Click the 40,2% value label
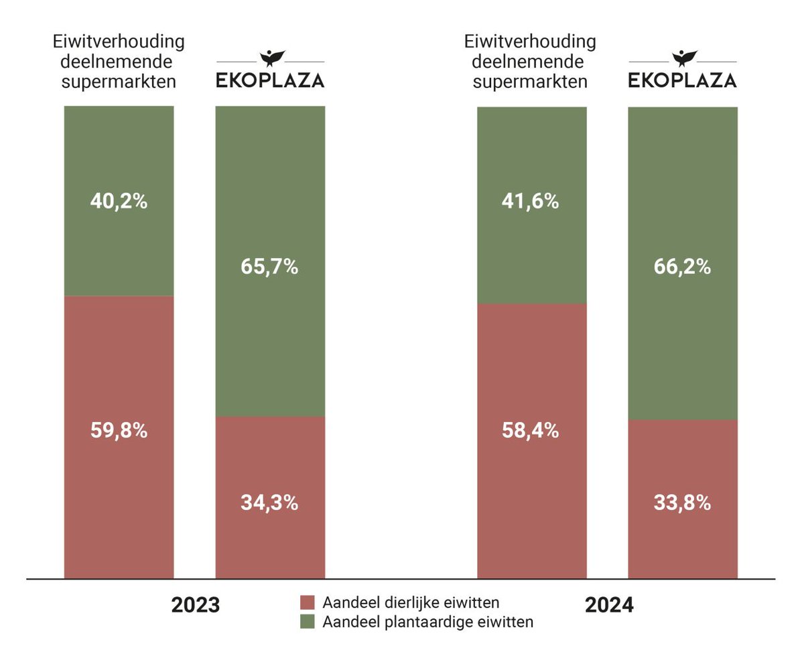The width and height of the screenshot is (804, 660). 119,201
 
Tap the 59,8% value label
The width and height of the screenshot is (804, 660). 119,430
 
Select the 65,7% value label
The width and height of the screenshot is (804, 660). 269,267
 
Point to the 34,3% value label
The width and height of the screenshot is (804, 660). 269,503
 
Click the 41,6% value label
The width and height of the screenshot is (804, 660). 531,201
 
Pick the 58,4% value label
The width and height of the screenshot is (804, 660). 531,430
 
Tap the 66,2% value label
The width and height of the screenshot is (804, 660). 682,267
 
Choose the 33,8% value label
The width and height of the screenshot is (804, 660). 682,503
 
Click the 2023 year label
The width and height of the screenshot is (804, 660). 196,605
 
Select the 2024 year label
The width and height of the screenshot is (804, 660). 609,605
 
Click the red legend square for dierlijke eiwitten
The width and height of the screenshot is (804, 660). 308,602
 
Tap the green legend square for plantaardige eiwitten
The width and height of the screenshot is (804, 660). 308,622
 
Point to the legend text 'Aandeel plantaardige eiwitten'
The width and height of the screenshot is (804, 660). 428,622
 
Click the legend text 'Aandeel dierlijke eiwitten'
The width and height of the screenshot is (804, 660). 411,602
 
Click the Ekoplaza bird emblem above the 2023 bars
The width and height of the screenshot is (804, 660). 270,58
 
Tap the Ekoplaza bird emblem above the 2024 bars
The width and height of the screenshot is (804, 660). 683,58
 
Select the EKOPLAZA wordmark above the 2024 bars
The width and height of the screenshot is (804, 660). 683,80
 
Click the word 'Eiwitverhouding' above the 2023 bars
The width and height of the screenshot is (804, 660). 119,42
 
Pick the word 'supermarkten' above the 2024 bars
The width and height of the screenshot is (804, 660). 531,82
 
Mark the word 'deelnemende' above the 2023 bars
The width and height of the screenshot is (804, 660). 119,62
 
